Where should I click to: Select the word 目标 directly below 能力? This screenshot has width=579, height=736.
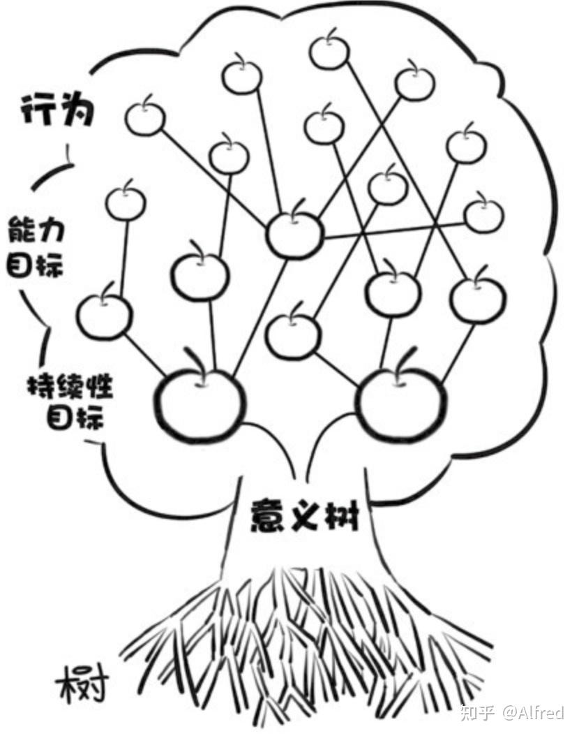(35, 264)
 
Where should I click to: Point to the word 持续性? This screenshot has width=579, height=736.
(70, 388)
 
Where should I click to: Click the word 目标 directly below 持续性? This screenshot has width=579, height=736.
(75, 416)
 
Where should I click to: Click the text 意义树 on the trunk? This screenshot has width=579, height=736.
(305, 515)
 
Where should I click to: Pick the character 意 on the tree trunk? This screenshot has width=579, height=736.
(268, 515)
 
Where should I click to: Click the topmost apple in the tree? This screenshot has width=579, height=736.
(329, 50)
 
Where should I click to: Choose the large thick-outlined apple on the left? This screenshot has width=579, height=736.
(200, 401)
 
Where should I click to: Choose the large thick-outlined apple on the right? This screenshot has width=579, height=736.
(401, 403)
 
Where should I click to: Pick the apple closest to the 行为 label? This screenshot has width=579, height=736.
(145, 117)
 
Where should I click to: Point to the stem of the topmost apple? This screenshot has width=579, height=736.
(331, 34)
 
